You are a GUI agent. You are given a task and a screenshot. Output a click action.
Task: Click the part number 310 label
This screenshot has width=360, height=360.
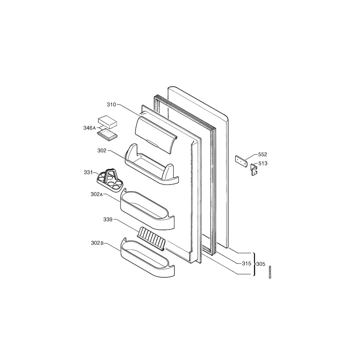tap(111, 105)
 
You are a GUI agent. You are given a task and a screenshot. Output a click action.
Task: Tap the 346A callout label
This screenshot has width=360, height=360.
tap(89, 128)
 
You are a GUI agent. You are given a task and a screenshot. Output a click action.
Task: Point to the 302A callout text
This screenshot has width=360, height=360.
tap(97, 194)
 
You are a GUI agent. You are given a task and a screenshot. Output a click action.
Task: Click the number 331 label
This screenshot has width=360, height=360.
tap(88, 172)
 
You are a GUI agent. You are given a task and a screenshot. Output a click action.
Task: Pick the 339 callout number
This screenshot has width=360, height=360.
tap(108, 219)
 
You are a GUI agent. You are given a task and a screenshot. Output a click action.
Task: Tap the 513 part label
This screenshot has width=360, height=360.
tap(263, 163)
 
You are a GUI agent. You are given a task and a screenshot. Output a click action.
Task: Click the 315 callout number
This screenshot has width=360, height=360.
tap(246, 264)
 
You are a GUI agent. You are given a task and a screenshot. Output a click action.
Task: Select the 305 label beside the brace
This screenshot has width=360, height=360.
tap(261, 264)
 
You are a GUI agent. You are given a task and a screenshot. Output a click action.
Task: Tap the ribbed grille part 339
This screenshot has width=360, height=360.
tap(151, 239)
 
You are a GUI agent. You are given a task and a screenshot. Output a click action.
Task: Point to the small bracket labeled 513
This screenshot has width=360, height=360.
tap(254, 169)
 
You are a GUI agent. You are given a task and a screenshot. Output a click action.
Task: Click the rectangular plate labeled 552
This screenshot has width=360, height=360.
tap(240, 161)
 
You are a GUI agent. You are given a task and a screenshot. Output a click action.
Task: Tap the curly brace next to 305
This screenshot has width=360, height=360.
tap(254, 264)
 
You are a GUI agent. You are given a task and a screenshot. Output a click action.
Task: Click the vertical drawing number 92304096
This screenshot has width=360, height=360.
tap(270, 272)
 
